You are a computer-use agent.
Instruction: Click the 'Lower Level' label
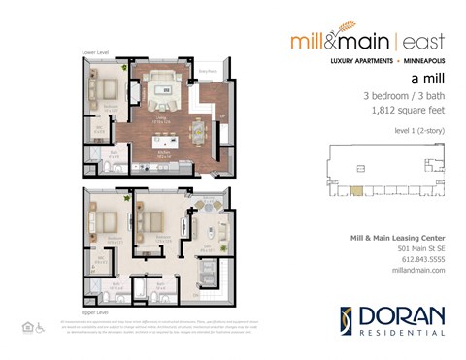pyautogui.click(x=95, y=53)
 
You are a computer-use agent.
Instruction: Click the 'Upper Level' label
pyautogui.click(x=95, y=314)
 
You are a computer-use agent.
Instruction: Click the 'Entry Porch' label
pyautogui.click(x=207, y=72)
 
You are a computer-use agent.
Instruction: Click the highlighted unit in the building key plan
pyautogui.click(x=357, y=189)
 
